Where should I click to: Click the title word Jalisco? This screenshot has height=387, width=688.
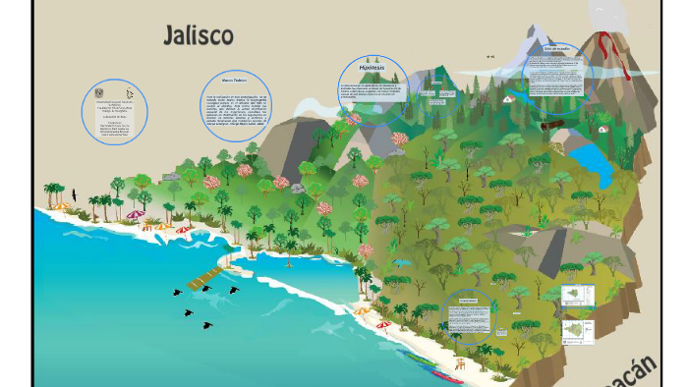coord(199,36)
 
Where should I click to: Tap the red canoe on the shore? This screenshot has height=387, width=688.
coord(448,376)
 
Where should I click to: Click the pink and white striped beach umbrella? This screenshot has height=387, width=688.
coord(135,214)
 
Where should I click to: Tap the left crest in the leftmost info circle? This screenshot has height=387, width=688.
coord(99,92)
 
